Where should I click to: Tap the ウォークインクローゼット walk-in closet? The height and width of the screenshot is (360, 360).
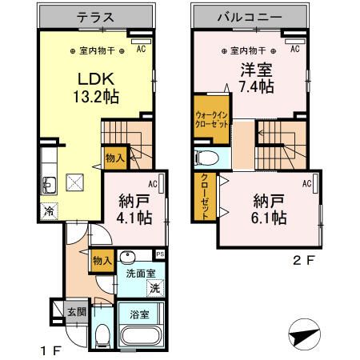(211, 118)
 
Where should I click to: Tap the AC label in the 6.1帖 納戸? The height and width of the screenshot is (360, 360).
(306, 183)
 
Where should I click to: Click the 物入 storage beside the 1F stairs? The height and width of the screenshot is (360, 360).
(114, 158)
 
